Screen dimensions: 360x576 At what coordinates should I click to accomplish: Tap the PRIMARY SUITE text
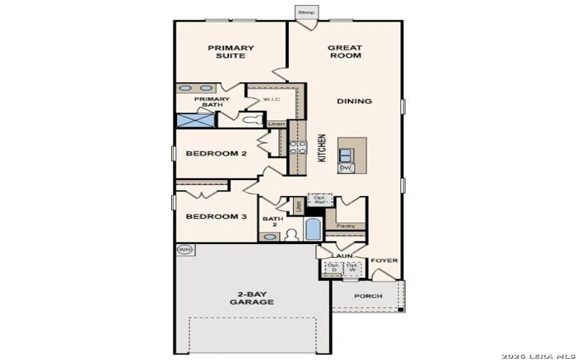click(x=230, y=52)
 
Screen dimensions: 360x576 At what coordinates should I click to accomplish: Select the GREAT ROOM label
click(x=345, y=52)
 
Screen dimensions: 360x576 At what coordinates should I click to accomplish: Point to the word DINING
click(x=354, y=102)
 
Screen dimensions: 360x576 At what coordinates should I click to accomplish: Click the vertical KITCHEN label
click(x=322, y=148)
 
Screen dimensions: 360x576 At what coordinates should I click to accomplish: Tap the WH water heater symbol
click(x=184, y=250)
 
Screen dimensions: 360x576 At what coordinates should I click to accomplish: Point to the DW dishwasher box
click(x=346, y=168)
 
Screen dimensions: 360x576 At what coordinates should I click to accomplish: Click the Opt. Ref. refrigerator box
click(x=318, y=199)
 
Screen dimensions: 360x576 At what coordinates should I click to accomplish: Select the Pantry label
click(x=346, y=226)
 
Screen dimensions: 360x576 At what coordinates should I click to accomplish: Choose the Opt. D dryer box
click(x=333, y=267)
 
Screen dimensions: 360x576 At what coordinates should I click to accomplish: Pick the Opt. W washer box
click(x=351, y=267)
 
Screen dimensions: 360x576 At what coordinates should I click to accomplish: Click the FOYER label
click(x=384, y=261)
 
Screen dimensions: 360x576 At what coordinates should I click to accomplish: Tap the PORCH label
click(x=368, y=296)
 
